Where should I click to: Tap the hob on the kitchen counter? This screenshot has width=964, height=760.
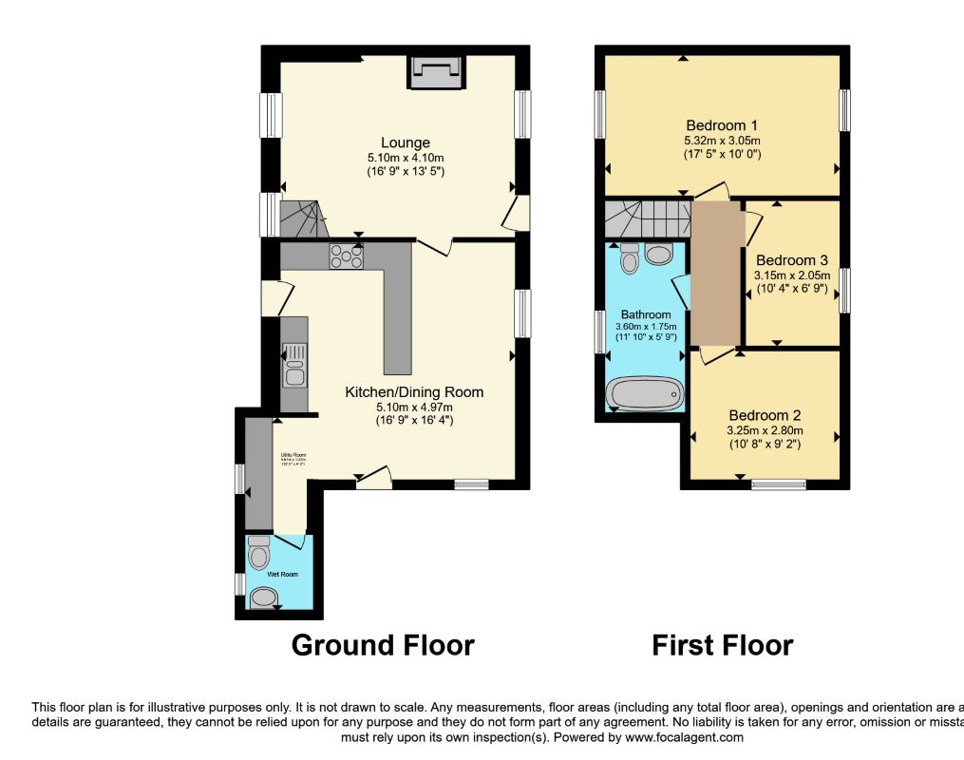click(346, 254)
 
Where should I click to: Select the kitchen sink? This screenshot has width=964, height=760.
click(294, 365)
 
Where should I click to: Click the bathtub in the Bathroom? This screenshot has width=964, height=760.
click(646, 392)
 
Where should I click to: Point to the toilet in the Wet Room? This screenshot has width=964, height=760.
click(259, 551)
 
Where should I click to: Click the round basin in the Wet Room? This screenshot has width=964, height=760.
click(265, 597)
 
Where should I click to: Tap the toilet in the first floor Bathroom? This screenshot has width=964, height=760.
click(629, 257)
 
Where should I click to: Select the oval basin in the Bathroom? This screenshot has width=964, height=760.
click(658, 253)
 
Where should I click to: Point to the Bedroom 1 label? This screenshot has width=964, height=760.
click(722, 125)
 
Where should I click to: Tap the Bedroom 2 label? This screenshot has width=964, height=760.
click(765, 415)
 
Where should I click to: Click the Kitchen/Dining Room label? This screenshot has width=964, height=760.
click(414, 391)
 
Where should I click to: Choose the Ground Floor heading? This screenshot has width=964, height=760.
click(383, 645)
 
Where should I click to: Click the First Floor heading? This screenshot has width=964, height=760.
click(722, 645)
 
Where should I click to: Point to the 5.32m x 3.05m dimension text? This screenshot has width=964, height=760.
click(722, 140)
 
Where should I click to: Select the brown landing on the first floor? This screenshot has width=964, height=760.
click(717, 275)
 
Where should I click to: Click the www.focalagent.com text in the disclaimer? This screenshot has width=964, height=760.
click(684, 736)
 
